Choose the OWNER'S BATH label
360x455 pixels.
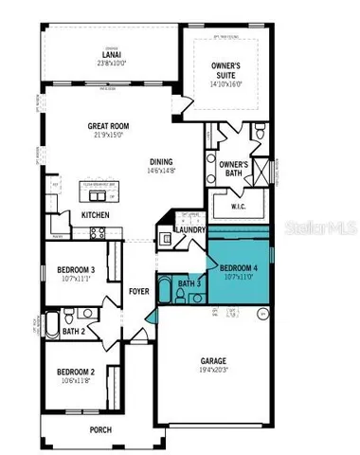[x=234, y=168]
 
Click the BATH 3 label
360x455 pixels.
[x=190, y=283]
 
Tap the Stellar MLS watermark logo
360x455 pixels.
[x=323, y=227]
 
